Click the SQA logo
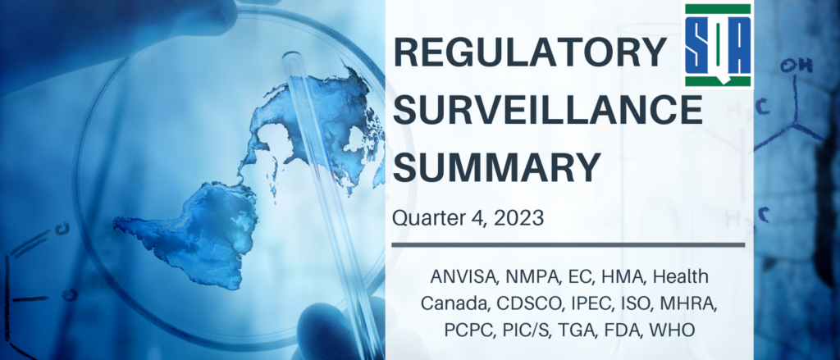pos(718,45)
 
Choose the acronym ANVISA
pos(459,277)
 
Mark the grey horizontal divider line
pos(568,245)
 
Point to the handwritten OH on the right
pos(796,66)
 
